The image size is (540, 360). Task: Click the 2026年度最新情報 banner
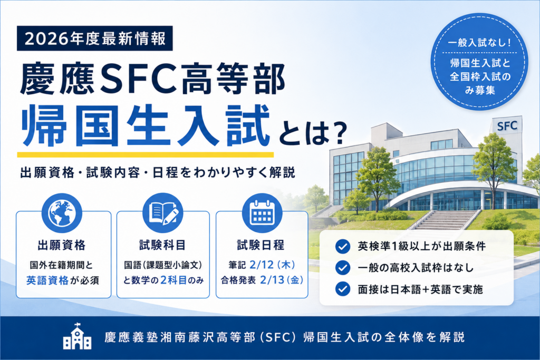click(x=95, y=38)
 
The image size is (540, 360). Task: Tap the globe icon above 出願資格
click(x=62, y=213)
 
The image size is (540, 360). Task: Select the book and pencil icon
click(x=163, y=213)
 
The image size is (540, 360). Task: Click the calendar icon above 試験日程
click(x=262, y=213)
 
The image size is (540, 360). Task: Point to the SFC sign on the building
click(x=507, y=126)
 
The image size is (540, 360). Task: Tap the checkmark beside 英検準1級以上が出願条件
click(x=343, y=247)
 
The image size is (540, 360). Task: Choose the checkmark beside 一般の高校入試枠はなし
click(x=343, y=268)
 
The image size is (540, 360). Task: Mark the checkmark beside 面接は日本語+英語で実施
click(x=343, y=289)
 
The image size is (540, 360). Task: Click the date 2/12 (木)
click(x=273, y=265)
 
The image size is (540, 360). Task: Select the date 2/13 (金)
click(x=282, y=280)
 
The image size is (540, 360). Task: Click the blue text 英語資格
click(x=47, y=280)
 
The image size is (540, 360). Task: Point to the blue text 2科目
click(x=173, y=280)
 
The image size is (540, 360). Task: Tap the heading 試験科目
click(x=162, y=245)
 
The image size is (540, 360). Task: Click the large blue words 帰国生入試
click(x=146, y=125)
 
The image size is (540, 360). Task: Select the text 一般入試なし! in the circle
click(x=479, y=43)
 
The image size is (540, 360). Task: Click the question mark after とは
click(x=339, y=134)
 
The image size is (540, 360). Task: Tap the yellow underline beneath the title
click(x=146, y=154)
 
